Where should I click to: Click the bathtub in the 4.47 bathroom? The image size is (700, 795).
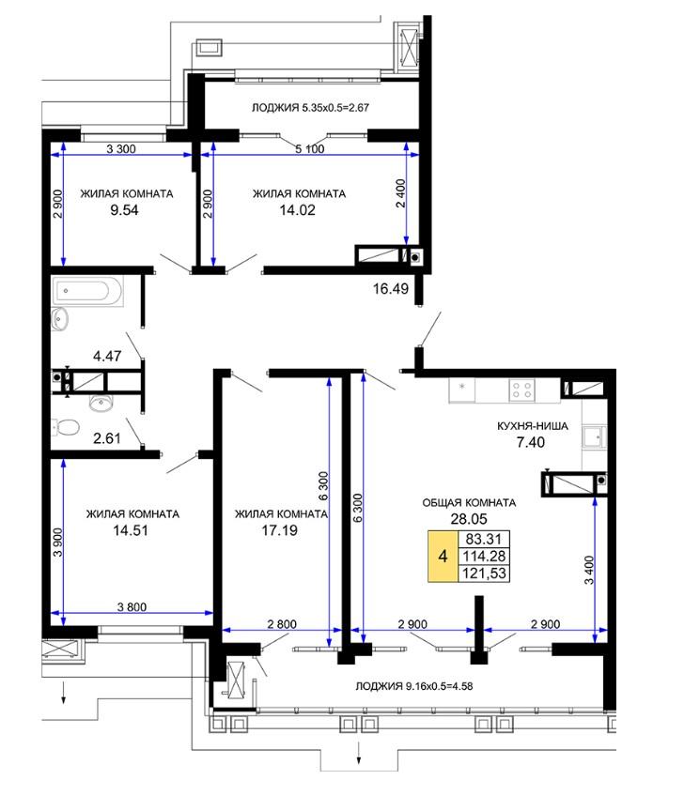[87, 291]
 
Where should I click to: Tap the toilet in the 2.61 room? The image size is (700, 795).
[66, 427]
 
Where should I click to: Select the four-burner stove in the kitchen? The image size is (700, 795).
[521, 390]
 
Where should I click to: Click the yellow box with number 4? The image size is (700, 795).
[443, 557]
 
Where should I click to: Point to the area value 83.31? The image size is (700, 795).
[484, 539]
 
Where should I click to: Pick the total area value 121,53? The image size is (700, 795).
[484, 573]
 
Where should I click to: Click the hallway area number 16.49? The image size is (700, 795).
[390, 288]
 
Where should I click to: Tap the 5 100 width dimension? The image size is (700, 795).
[310, 148]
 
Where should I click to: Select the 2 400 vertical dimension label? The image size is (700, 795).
[400, 193]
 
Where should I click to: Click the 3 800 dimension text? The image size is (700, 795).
[132, 607]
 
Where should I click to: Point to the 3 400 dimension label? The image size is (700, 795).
[589, 570]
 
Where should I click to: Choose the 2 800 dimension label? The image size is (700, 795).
[282, 624]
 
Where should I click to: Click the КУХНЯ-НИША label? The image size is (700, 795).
[533, 426]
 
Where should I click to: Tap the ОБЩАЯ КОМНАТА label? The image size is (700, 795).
[469, 503]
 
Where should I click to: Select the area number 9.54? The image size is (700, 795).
[124, 210]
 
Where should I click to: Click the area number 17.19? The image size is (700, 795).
[280, 530]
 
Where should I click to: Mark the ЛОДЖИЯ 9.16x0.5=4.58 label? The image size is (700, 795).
[413, 686]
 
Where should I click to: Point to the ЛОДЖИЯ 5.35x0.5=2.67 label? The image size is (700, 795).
[310, 108]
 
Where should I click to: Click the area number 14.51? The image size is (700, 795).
[131, 530]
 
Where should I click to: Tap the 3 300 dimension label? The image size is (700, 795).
[121, 148]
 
